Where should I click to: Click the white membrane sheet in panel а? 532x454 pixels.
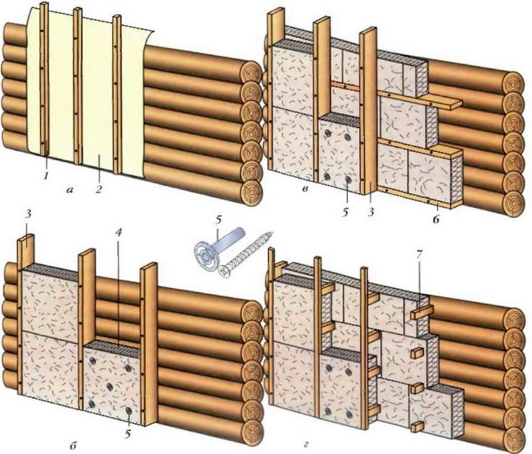[97, 94]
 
